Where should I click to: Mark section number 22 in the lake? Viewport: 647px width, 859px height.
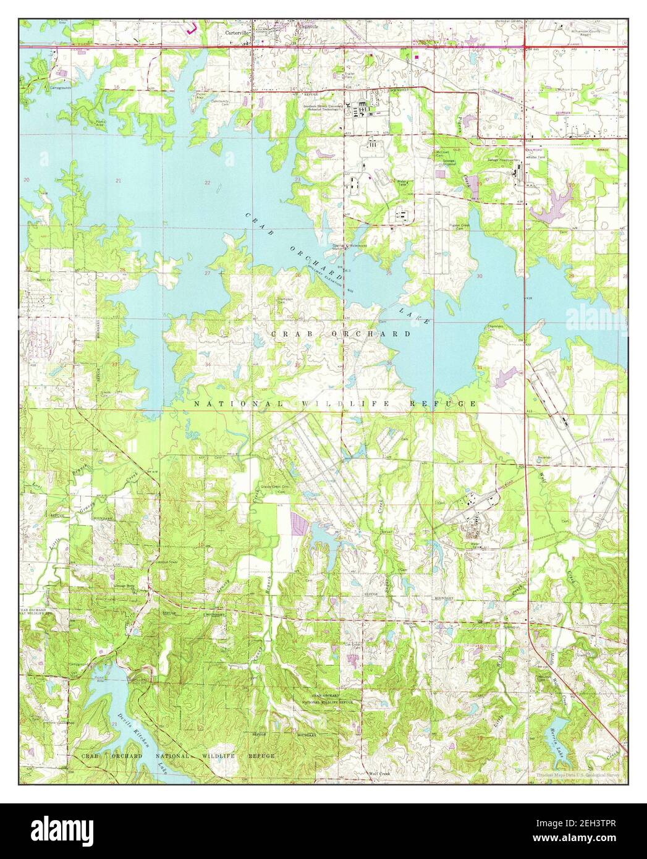pos(208,183)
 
